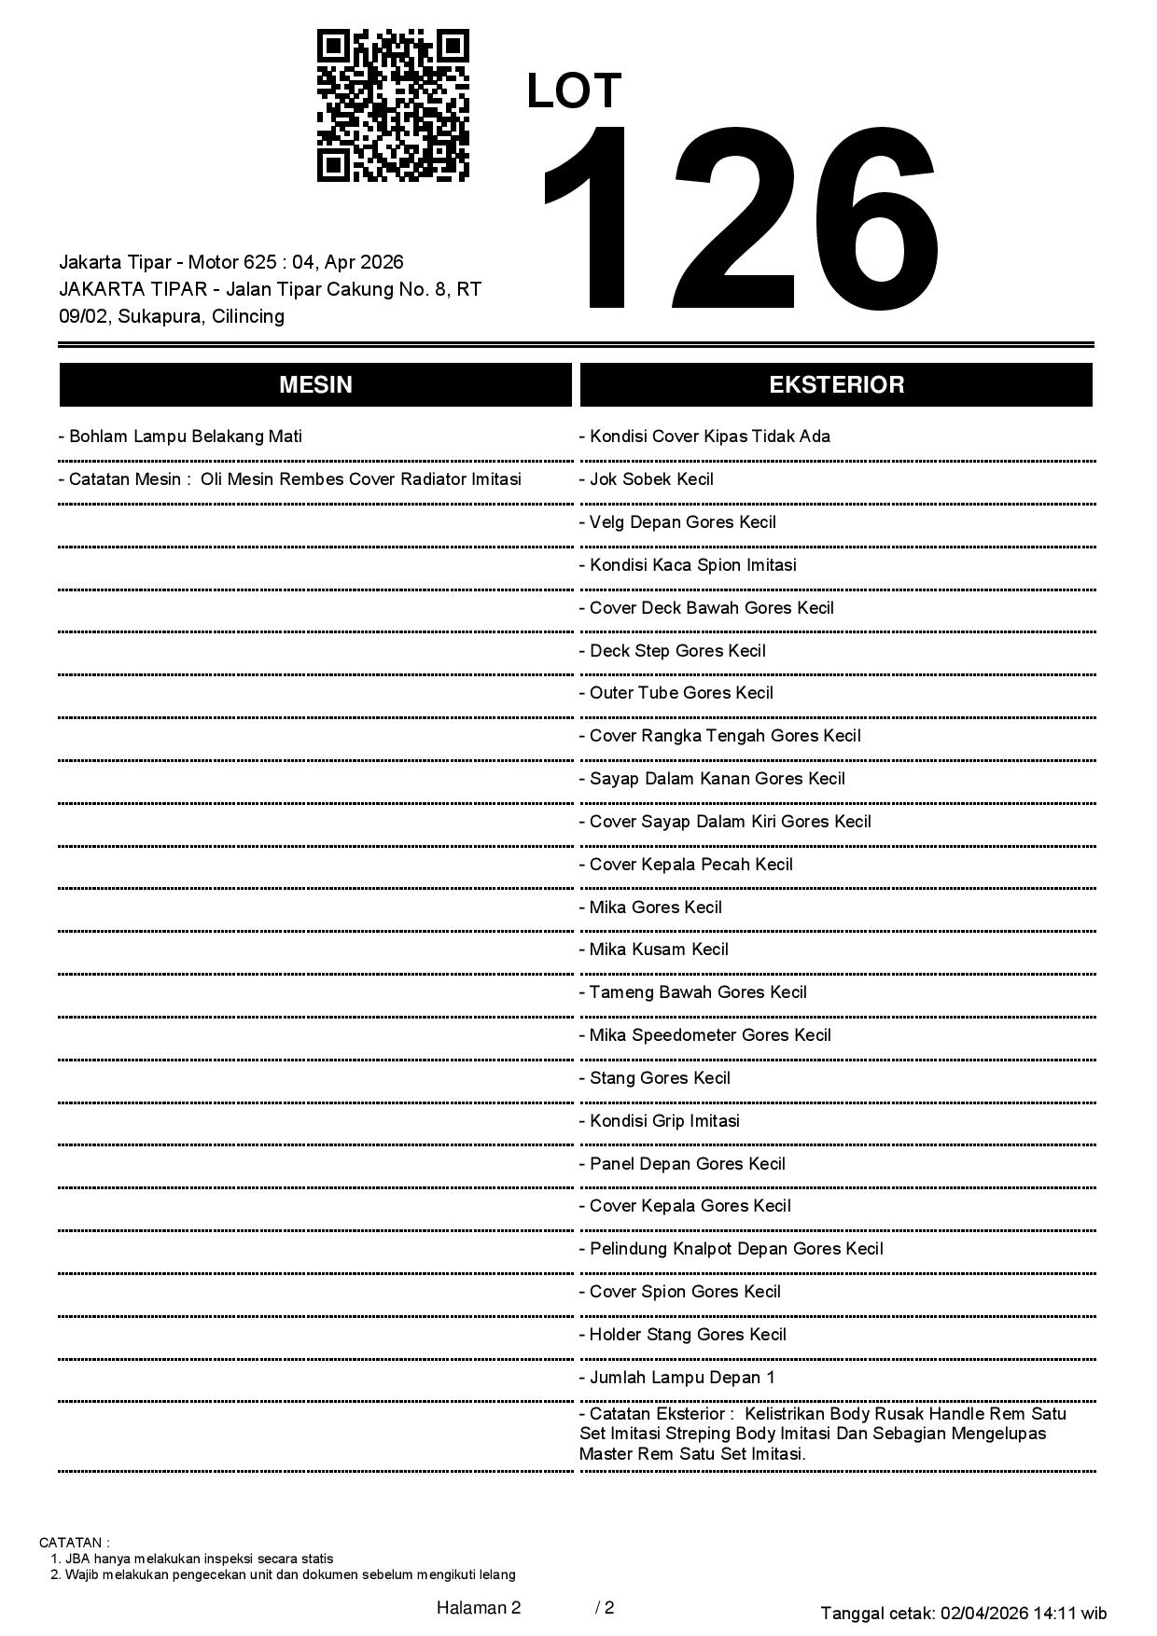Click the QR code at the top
tap(393, 105)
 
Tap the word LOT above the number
tap(574, 91)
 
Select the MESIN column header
tap(315, 385)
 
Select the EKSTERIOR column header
tap(836, 385)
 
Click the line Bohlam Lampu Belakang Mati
tap(185, 437)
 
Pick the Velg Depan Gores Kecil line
tap(682, 522)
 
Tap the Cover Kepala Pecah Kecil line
tap(690, 865)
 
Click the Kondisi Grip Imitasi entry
tap(664, 1121)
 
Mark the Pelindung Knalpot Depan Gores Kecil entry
tap(735, 1249)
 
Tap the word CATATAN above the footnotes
tap(74, 1543)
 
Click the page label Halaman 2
tap(479, 1607)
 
